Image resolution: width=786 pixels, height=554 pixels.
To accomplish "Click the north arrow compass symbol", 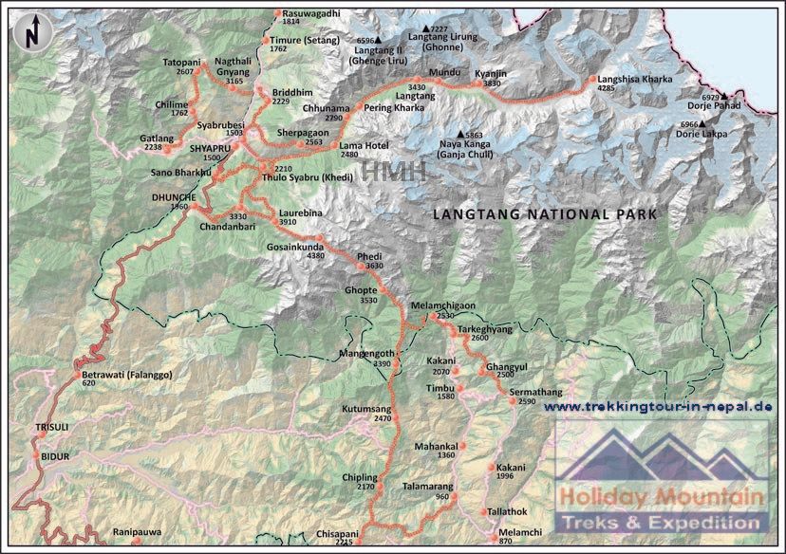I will coord(31,32).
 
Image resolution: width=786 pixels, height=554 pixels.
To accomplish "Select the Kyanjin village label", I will coord(491,73).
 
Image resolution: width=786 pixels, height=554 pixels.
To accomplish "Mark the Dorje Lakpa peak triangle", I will coord(703,124).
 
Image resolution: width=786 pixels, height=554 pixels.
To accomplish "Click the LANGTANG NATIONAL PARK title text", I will coord(544,214).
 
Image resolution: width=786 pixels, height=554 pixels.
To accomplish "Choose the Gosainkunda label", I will coord(295,246).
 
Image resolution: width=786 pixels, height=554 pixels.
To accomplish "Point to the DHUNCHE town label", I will coord(174,196).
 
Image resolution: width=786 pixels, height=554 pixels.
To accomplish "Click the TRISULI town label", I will coord(53,428).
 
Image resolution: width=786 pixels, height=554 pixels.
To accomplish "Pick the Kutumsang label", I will coord(366,408).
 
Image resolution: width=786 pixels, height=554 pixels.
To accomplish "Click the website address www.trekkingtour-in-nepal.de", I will coord(658,407).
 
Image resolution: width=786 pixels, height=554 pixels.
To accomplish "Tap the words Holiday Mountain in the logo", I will coord(661,496).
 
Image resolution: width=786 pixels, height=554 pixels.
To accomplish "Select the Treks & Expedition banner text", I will coord(662,523).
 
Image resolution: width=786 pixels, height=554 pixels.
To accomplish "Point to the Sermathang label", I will coord(535,392).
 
